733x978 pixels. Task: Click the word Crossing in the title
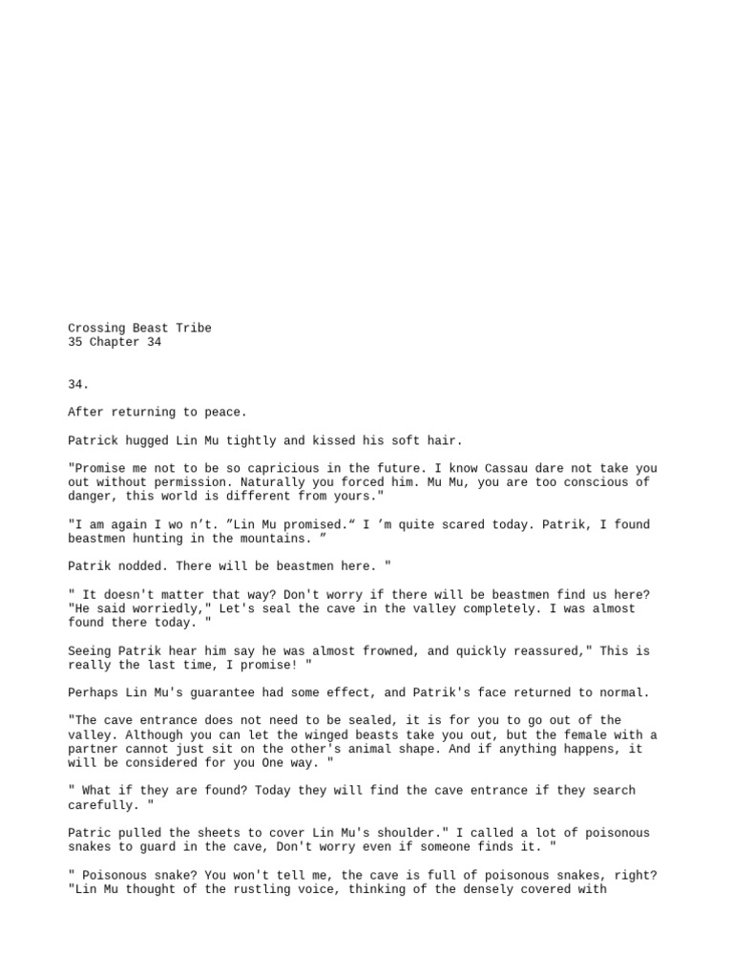(x=96, y=329)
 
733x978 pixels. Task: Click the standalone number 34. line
(x=78, y=385)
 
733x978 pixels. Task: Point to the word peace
(x=221, y=413)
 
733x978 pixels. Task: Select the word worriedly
(x=157, y=609)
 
